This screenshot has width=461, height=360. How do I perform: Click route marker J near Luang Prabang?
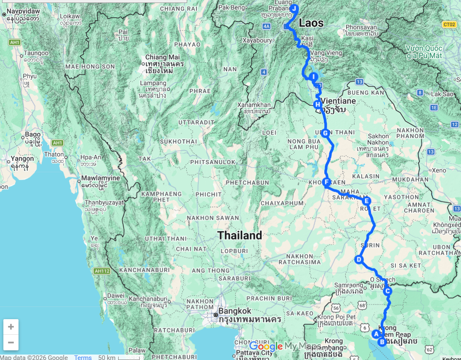point(294,8)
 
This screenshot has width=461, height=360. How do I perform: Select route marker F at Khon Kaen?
point(326,182)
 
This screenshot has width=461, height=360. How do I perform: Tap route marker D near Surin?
point(359,259)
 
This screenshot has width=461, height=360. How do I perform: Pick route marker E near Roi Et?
point(366,201)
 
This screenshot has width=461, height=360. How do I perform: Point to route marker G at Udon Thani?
point(325,133)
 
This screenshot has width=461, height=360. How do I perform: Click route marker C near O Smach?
point(388,291)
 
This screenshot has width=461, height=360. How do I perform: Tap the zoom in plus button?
point(11,327)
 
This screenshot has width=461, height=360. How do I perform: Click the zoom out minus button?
point(11,342)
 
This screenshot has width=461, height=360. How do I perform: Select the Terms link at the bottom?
point(83,357)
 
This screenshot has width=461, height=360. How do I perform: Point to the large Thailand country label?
point(240,235)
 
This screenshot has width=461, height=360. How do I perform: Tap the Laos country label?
point(311,23)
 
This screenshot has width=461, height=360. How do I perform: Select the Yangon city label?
point(23,159)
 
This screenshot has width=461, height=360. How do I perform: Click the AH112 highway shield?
point(102,271)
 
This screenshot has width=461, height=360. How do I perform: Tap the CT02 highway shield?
point(449,24)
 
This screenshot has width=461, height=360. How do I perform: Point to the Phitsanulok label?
point(213,162)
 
